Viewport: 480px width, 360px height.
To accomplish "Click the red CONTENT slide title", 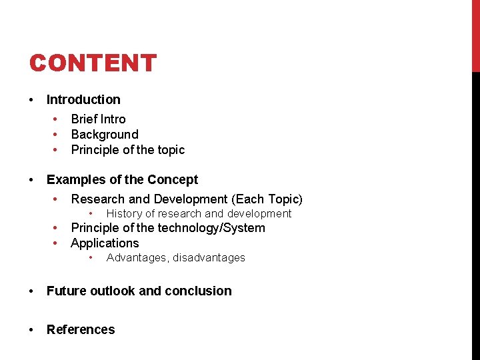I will tap(93, 63).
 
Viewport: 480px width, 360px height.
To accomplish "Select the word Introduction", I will tap(83, 100).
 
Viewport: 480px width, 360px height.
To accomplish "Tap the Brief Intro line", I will tap(98, 119).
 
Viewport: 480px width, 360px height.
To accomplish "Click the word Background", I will tap(105, 135).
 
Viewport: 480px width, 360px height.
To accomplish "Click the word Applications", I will tap(105, 243).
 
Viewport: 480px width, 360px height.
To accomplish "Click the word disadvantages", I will tap(209, 258).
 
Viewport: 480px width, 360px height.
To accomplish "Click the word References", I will tap(81, 330).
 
